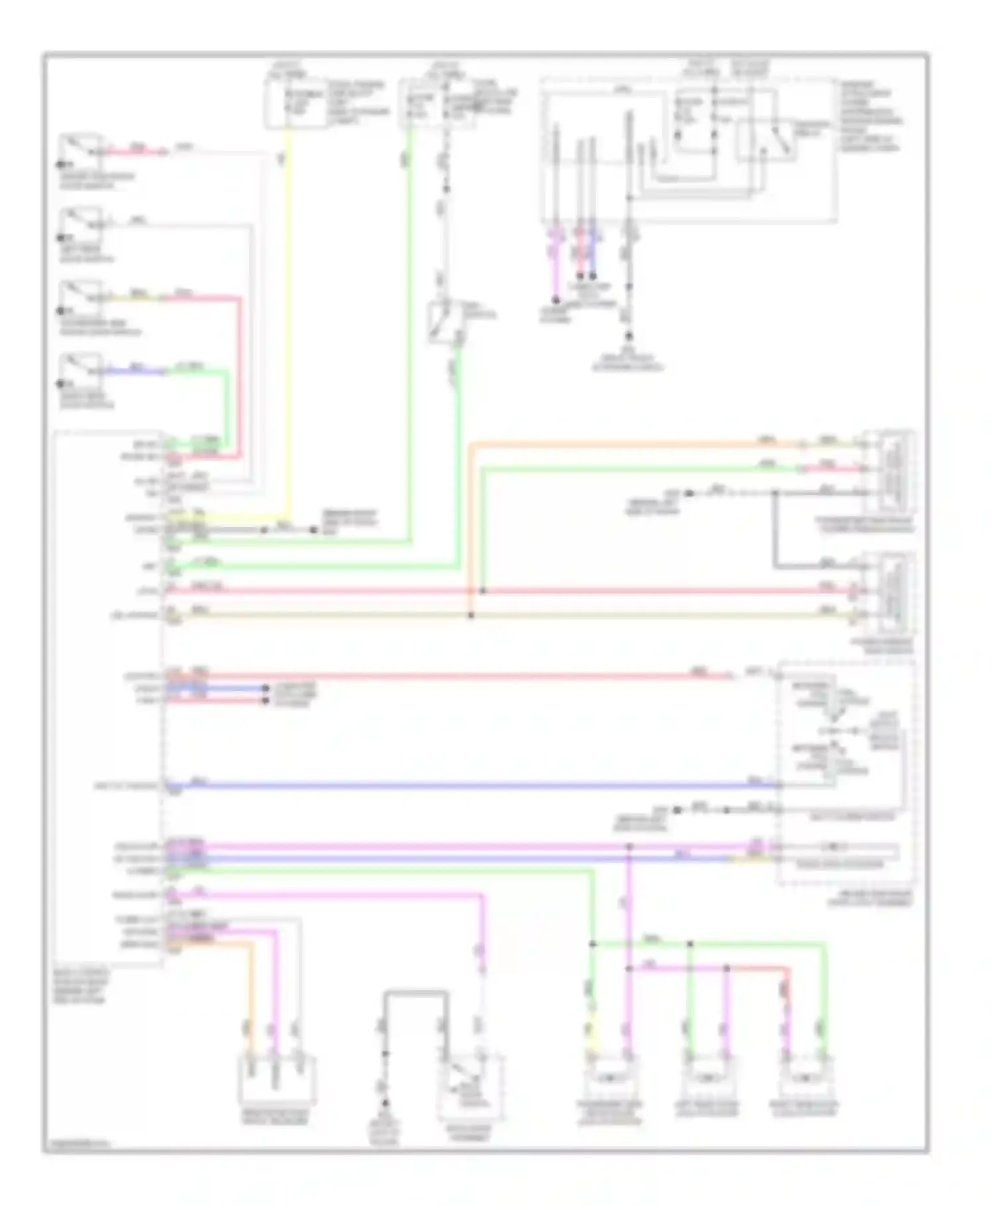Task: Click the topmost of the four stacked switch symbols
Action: coord(81,151)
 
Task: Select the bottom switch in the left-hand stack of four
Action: coord(81,370)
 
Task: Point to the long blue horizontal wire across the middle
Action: coord(463,786)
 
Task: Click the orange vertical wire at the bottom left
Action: coord(251,993)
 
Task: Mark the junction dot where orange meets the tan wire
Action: coord(471,616)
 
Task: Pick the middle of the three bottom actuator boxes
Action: coord(708,1079)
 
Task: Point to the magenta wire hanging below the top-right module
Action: coord(556,265)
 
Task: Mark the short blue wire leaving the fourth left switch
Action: coord(136,371)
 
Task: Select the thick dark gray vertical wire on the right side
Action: coord(775,530)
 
